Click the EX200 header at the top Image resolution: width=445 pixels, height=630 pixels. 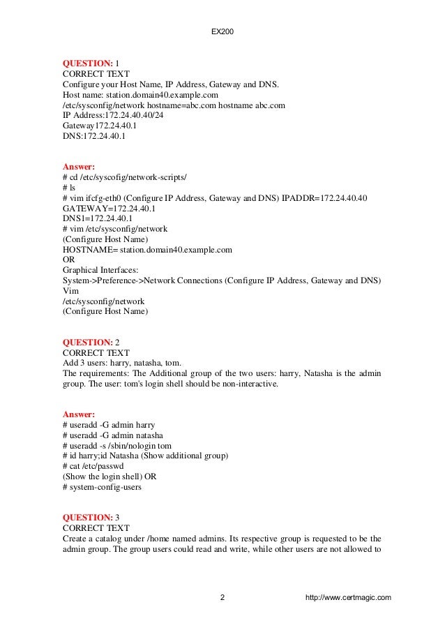click(x=222, y=31)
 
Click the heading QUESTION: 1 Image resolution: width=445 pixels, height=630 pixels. click(x=91, y=63)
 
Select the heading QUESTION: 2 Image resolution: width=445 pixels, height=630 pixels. click(x=91, y=343)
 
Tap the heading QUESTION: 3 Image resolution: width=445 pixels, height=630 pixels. click(x=91, y=517)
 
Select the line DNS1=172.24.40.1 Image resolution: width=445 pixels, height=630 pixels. click(x=98, y=218)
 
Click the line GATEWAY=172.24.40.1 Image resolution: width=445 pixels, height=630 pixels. click(x=109, y=208)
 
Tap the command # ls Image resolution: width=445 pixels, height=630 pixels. click(x=68, y=188)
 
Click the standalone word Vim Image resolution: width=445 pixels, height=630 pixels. click(x=70, y=291)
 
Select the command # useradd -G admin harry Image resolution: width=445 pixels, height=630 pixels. click(x=109, y=424)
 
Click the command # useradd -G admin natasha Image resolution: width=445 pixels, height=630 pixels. click(x=113, y=435)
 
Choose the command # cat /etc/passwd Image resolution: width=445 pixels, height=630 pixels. click(x=96, y=466)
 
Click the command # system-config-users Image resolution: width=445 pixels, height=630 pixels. click(x=102, y=487)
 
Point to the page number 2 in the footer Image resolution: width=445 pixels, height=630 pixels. click(x=222, y=598)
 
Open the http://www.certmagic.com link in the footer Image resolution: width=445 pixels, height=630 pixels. click(x=348, y=598)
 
